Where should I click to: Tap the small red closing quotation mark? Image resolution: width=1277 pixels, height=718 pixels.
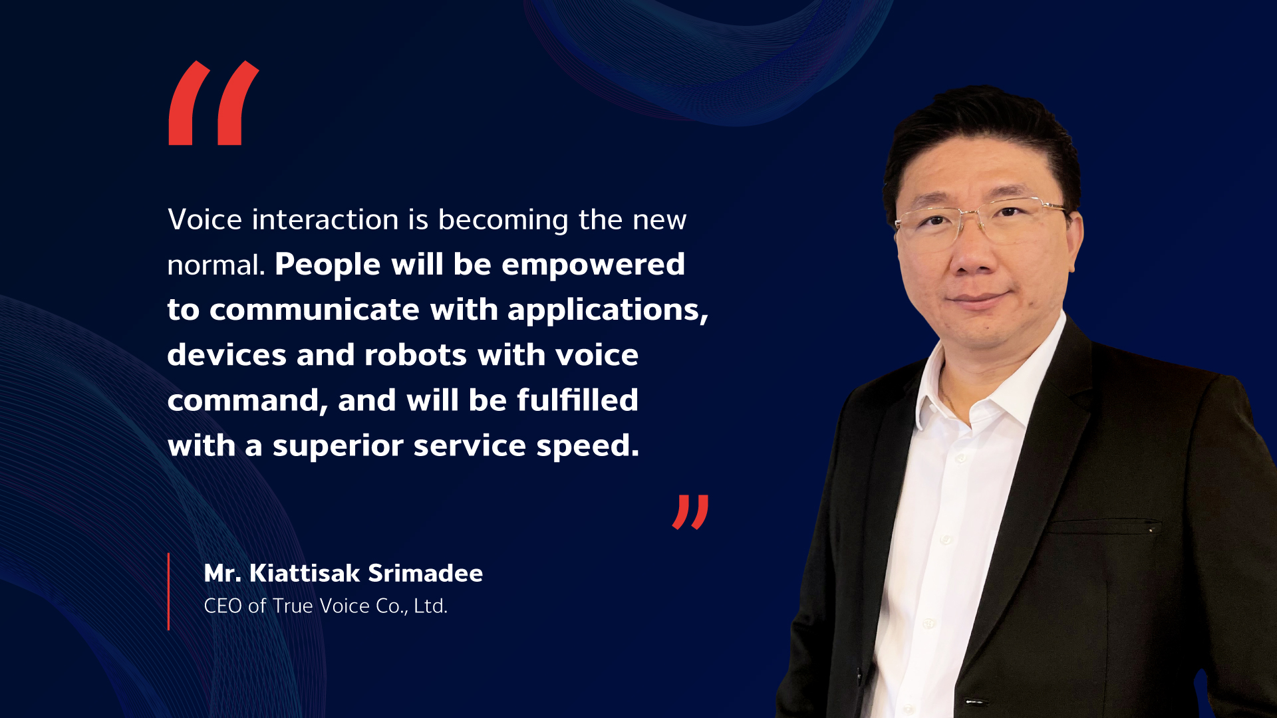[690, 512]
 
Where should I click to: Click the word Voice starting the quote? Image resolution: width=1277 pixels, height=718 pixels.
[205, 219]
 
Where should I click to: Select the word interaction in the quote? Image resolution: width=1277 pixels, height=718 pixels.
[325, 219]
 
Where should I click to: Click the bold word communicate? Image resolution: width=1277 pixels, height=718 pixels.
[315, 310]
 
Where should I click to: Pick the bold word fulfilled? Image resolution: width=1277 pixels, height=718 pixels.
[577, 400]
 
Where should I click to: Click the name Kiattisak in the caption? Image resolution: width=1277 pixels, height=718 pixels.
[305, 573]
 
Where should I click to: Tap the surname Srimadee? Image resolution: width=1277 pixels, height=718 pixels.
[425, 573]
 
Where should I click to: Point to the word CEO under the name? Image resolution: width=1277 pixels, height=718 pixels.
[223, 606]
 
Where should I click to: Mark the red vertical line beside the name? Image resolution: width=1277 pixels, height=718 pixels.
[168, 591]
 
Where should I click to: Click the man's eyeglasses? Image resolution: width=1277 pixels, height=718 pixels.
[981, 219]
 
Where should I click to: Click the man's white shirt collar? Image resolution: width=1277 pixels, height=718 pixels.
[978, 382]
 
